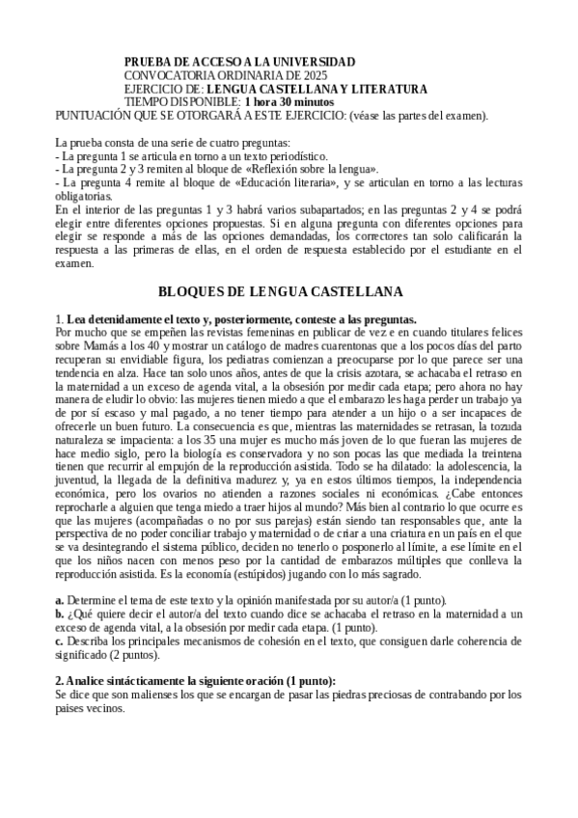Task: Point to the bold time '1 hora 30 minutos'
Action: coord(289,101)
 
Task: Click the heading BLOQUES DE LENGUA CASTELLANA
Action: coord(280,290)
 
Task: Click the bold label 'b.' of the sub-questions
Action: coord(60,613)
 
